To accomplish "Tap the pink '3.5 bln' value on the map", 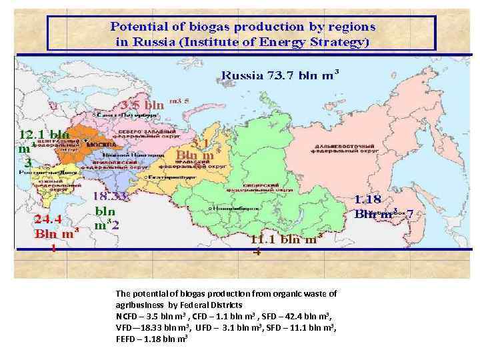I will [x=143, y=105].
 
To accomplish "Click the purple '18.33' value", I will [x=109, y=196].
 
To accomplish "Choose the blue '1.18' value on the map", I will [x=367, y=199].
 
